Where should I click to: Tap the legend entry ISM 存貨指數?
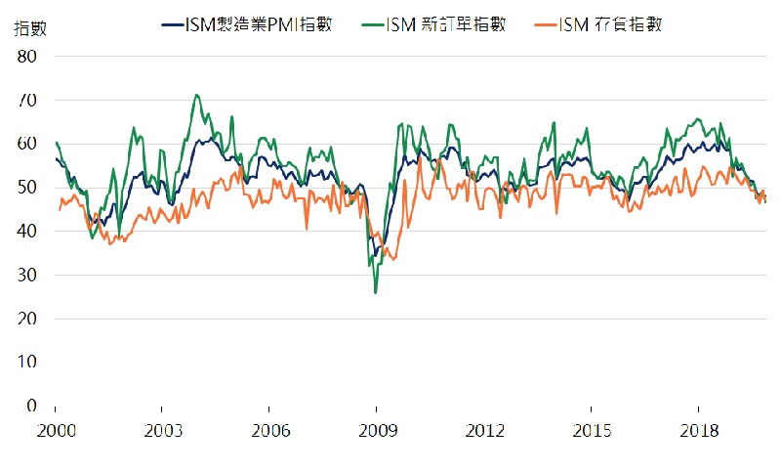612,24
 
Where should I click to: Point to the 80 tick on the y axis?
26,57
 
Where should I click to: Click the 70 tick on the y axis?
26,101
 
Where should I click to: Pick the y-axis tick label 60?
26,144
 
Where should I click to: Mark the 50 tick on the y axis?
26,188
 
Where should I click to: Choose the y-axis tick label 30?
26,275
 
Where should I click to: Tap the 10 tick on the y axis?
26,362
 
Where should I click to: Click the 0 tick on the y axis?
31,406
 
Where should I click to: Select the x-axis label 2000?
55,431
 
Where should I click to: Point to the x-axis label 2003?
162,431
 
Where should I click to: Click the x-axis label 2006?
269,431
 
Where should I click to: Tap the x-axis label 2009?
377,431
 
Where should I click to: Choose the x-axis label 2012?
484,431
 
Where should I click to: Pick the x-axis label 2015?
592,431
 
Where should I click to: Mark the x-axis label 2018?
699,431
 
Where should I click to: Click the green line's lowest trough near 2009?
376,292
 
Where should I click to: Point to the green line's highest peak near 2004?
197,95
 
